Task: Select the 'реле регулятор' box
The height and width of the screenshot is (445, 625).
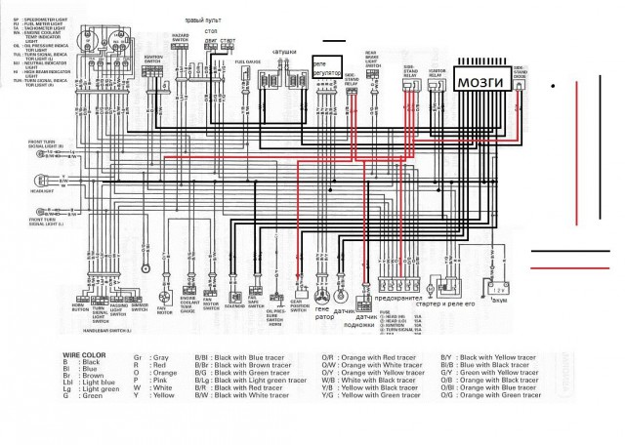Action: click(x=325, y=66)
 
